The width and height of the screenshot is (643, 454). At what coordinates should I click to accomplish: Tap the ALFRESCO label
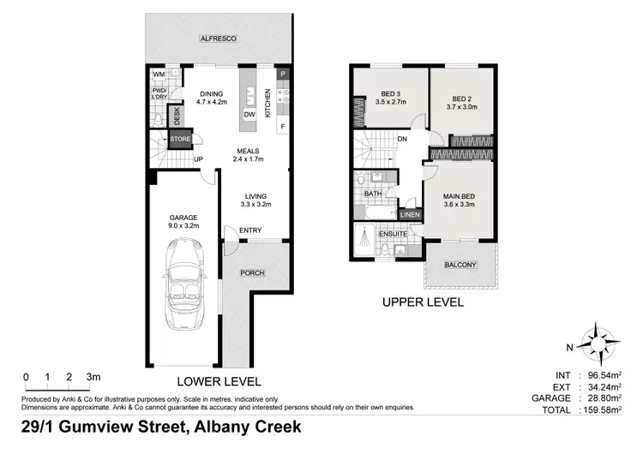(x=218, y=39)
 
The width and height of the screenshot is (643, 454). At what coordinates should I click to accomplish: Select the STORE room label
(x=179, y=138)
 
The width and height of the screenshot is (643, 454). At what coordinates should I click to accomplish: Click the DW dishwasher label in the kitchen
(x=250, y=114)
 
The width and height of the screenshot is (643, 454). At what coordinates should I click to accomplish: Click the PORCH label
(x=252, y=272)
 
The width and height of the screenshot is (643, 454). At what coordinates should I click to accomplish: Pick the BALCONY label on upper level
(x=460, y=265)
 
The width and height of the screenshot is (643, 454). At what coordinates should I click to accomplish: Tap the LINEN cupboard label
(x=411, y=214)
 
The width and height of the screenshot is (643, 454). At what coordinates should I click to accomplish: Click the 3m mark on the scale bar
(x=93, y=377)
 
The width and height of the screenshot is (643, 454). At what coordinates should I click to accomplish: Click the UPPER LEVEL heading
(x=423, y=302)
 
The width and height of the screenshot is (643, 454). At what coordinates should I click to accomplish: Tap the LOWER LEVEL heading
(x=218, y=382)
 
